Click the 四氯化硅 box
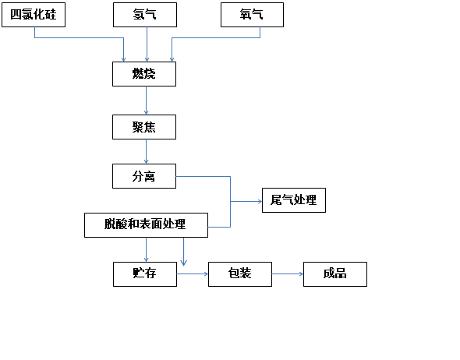pyautogui.click(x=34, y=15)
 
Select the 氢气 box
pyautogui.click(x=145, y=15)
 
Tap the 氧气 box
pyautogui.click(x=252, y=15)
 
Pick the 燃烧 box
pyautogui.click(x=144, y=74)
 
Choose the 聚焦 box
pyautogui.click(x=144, y=127)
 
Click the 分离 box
pyautogui.click(x=144, y=176)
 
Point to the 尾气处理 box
pyautogui.click(x=294, y=200)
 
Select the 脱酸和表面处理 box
pyautogui.click(x=146, y=225)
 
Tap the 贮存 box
pyautogui.click(x=145, y=274)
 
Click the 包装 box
pyautogui.click(x=240, y=274)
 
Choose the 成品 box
pyautogui.click(x=335, y=274)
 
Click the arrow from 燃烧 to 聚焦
pyautogui.click(x=146, y=101)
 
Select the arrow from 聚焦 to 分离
pyautogui.click(x=146, y=152)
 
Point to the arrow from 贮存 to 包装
pyautogui.click(x=193, y=274)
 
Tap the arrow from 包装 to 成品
pyautogui.click(x=288, y=274)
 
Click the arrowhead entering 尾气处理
pyautogui.click(x=260, y=201)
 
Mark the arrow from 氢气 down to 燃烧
pyautogui.click(x=147, y=44)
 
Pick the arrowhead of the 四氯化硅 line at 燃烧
pyautogui.click(x=123, y=59)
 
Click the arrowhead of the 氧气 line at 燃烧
pyautogui.click(x=172, y=59)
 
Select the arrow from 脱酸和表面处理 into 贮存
pyautogui.click(x=146, y=250)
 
